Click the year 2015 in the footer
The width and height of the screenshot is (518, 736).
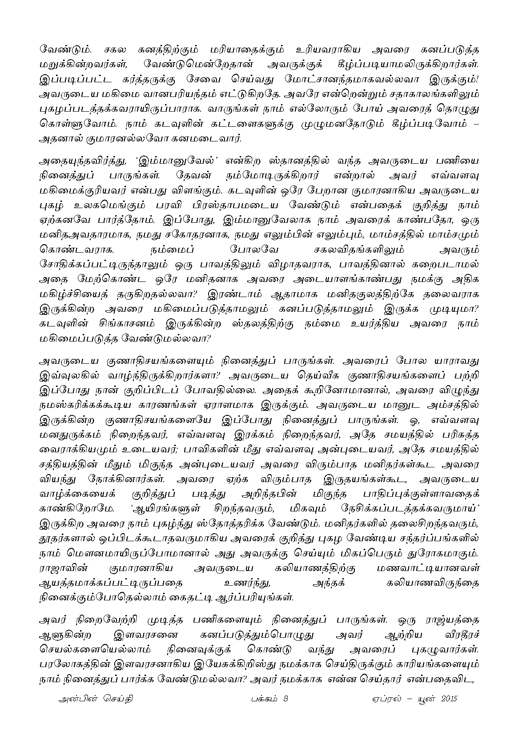pyautogui.click(x=450, y=699)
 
